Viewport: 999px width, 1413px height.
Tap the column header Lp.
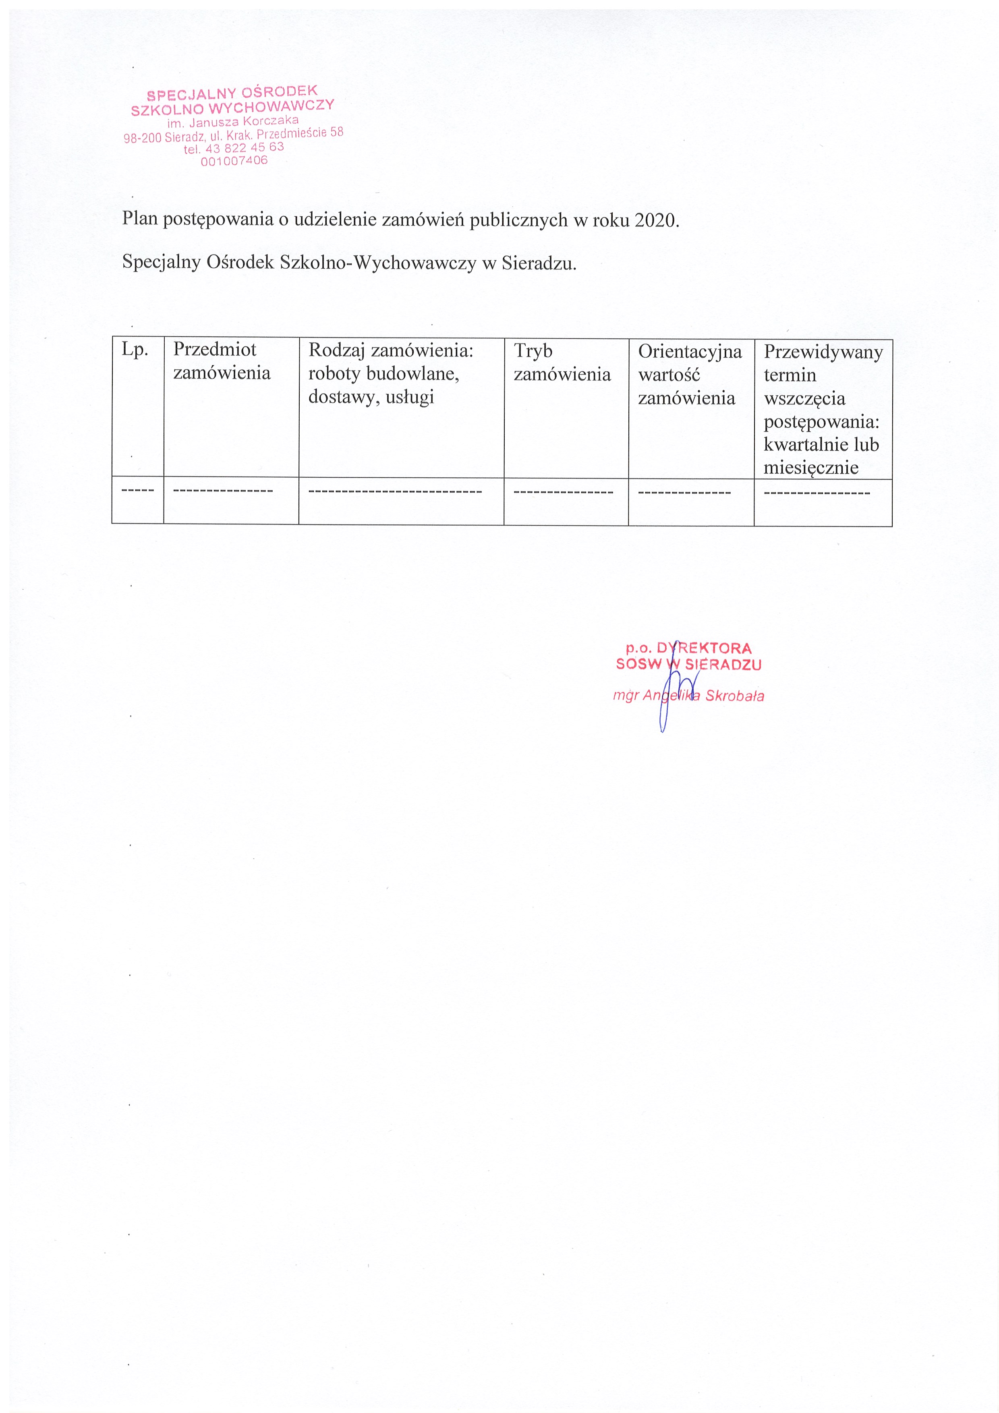click(135, 350)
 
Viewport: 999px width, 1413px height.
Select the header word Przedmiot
click(214, 350)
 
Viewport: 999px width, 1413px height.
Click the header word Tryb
click(533, 351)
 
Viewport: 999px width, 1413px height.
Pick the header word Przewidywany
click(823, 352)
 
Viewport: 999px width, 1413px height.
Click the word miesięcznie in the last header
click(810, 468)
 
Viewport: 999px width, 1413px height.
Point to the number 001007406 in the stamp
click(234, 161)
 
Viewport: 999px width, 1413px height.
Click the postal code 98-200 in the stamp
click(142, 138)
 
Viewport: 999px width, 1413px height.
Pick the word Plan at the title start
click(140, 218)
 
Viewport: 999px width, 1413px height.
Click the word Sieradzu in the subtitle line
click(538, 263)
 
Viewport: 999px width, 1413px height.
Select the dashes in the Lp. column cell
click(138, 491)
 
